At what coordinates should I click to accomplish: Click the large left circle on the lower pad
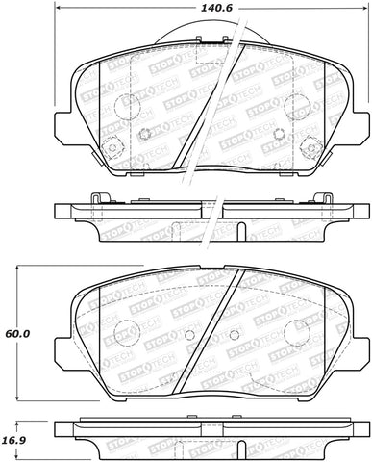[x=124, y=334]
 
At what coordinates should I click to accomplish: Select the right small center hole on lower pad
[x=235, y=334]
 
